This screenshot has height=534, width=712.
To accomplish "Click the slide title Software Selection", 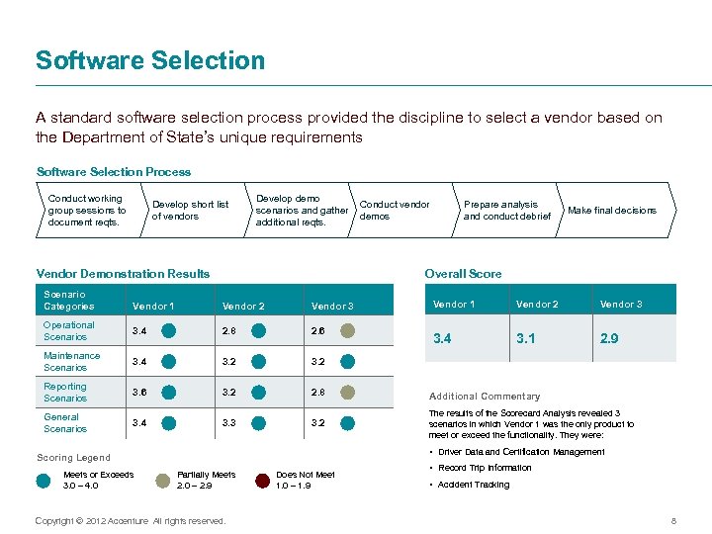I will click(150, 60).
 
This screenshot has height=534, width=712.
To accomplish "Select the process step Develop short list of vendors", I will click(189, 210).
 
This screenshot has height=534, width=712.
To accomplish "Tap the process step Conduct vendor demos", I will click(395, 210).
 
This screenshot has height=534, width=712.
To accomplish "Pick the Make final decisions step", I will click(611, 210).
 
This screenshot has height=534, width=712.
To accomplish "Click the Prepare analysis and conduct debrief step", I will click(506, 210).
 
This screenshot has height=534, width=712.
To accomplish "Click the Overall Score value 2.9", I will click(610, 339).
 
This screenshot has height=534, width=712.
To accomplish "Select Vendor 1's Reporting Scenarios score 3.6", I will click(142, 393).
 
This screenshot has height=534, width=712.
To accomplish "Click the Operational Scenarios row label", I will click(69, 331).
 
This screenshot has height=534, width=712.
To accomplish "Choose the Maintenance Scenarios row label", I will click(71, 362).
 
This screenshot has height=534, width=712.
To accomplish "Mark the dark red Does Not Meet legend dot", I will click(262, 481).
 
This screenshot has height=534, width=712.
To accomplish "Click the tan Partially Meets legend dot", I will click(162, 481).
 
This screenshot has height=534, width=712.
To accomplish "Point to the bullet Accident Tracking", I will click(474, 485).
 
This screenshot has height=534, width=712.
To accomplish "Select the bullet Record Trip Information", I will click(485, 468).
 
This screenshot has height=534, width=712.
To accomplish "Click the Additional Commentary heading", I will click(485, 396).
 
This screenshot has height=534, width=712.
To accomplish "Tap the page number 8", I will click(672, 520).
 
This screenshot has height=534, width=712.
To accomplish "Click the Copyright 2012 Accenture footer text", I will click(130, 520).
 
